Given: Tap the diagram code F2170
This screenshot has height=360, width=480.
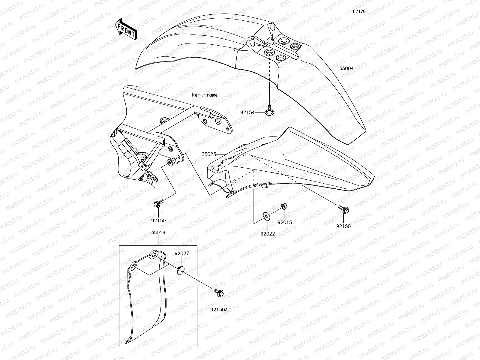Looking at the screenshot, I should coord(359,12).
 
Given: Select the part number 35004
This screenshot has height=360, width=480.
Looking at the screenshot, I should coord(346,68).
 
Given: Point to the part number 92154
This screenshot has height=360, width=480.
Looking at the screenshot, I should coord(247,112).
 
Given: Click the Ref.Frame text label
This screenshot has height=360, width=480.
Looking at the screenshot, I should coord(205,95).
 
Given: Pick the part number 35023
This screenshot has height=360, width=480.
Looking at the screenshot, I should coord(209,154).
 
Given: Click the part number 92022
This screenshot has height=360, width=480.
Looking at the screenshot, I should coord(268,234).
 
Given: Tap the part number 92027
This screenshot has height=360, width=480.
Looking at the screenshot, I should coord(182,253).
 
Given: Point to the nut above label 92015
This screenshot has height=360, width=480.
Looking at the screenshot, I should coord(283,206).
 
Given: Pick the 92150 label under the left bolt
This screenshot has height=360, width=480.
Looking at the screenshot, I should coord(158,220).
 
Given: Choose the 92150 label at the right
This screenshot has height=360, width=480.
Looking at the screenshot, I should coord(343,226).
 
